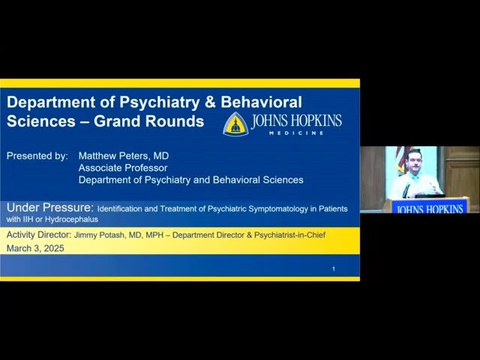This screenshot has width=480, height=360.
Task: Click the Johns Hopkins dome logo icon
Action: (235, 123)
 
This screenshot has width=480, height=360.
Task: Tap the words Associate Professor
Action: (123, 168)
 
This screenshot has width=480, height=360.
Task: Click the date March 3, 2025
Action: (34, 248)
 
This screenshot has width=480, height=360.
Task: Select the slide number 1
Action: (334, 268)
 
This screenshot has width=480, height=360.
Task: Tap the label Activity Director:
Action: (39, 235)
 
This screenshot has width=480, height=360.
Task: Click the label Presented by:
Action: (37, 156)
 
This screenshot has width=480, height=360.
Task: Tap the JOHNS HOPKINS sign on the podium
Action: (430, 208)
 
